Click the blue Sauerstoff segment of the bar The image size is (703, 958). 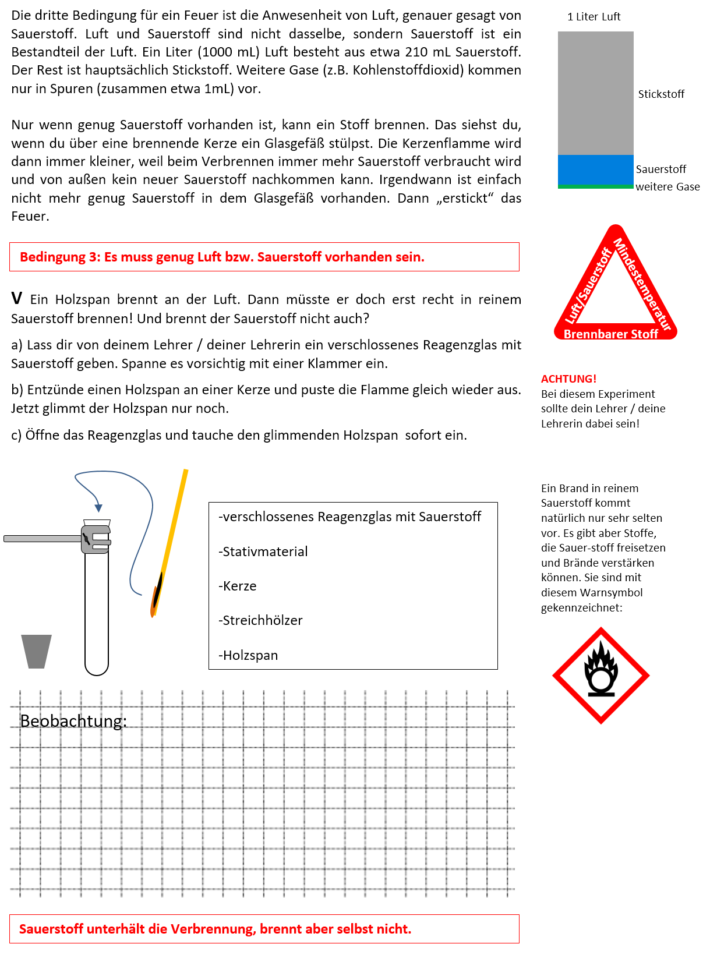coord(595,169)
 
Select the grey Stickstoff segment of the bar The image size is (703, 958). coord(595,93)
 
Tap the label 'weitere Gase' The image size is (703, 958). coord(667,187)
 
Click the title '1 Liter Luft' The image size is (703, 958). coord(594,17)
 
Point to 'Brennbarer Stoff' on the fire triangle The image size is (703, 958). coord(610,334)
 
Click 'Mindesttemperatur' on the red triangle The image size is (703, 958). coord(643,284)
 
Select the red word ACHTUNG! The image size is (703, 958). coord(568,379)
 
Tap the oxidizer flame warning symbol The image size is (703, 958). coord(600,675)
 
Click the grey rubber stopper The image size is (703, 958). coord(36,651)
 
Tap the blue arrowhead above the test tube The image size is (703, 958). coord(98,508)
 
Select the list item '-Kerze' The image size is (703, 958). coord(238,586)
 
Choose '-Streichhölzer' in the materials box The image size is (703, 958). coord(260,620)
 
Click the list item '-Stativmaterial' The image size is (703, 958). coord(263,552)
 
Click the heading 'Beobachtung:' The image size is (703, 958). coord(73,721)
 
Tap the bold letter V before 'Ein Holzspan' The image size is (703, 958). coord(17,299)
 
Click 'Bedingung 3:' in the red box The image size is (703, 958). coord(60,257)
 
